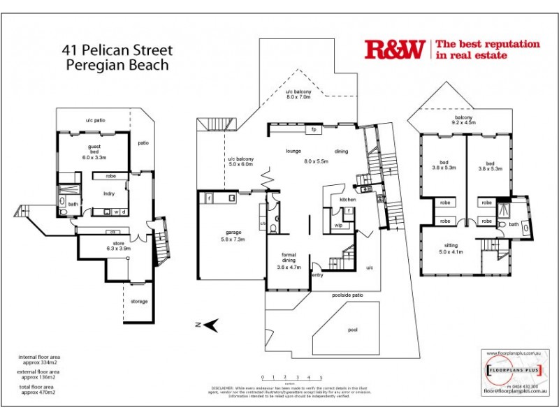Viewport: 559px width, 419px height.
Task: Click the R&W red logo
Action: click(394, 49)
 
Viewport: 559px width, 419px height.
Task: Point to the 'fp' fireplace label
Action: click(314, 130)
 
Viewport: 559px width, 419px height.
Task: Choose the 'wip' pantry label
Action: click(337, 226)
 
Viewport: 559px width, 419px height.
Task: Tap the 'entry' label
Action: click(318, 274)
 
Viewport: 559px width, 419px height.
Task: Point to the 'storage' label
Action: click(138, 302)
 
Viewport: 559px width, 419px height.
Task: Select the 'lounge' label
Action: click(293, 151)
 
